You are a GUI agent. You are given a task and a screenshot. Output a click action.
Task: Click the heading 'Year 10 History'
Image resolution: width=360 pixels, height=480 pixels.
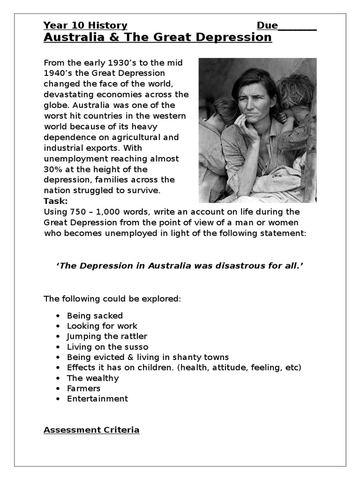coord(85,25)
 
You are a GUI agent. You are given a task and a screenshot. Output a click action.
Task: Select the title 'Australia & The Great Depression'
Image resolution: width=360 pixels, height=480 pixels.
coord(157,37)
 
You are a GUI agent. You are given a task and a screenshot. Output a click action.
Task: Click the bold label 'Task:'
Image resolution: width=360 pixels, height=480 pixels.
coord(56,201)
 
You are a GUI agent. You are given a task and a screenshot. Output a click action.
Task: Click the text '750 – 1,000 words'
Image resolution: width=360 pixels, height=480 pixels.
coord(99,212)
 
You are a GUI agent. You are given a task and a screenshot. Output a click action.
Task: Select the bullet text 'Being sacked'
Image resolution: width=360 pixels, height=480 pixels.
coord(95,316)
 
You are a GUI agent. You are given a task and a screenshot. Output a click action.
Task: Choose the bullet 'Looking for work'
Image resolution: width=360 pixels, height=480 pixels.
coord(102,326)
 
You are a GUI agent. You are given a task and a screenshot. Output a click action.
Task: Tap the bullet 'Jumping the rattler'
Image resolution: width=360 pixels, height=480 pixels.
coord(107,337)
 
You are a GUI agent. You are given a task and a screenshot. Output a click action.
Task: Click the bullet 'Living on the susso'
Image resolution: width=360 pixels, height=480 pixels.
coord(107,347)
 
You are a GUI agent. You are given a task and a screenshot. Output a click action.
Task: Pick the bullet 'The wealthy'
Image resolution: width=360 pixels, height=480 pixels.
coord(93,378)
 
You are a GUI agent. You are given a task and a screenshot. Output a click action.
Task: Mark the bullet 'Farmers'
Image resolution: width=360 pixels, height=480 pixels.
coord(83,388)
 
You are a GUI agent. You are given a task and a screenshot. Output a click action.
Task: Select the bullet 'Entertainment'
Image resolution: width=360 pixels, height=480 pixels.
coord(97,398)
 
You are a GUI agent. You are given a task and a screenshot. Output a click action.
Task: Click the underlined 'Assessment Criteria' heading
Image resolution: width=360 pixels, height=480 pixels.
coord(91,430)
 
